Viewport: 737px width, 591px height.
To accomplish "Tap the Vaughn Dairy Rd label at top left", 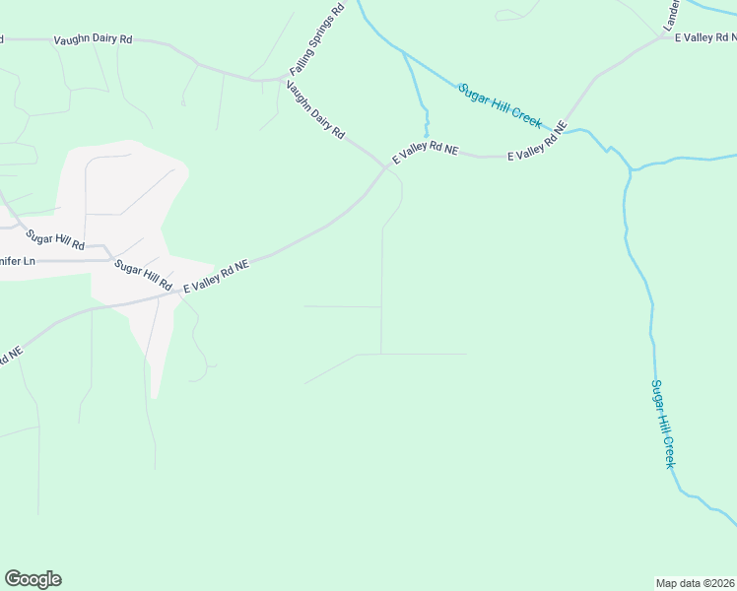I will pyautogui.click(x=93, y=39).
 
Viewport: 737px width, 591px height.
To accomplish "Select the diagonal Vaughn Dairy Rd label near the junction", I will pyautogui.click(x=315, y=109).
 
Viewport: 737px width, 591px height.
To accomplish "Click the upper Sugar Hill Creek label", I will pyautogui.click(x=500, y=105).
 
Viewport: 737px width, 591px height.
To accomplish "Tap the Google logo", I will pyautogui.click(x=33, y=579).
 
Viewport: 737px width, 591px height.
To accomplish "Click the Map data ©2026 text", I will pyautogui.click(x=695, y=582).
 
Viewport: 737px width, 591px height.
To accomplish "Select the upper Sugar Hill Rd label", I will pyautogui.click(x=55, y=238).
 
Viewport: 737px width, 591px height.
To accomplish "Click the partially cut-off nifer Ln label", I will pyautogui.click(x=18, y=261).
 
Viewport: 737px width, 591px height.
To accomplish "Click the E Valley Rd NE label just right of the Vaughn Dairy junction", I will pyautogui.click(x=426, y=153).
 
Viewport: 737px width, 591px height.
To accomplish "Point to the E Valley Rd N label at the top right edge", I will pyautogui.click(x=705, y=35).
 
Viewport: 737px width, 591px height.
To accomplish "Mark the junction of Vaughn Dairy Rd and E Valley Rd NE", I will pyautogui.click(x=387, y=166).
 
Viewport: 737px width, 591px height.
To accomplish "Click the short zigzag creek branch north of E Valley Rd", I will pyautogui.click(x=426, y=118).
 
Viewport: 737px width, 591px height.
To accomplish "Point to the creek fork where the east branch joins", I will pyautogui.click(x=630, y=170).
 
